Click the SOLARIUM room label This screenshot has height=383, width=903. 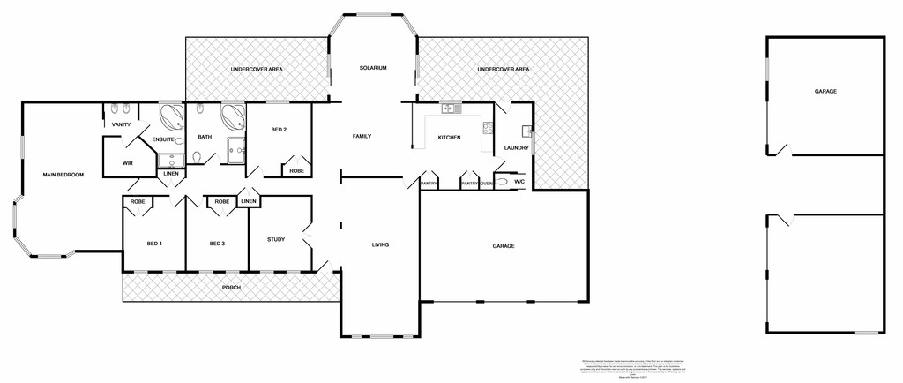(374, 68)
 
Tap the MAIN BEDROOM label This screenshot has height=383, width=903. (63, 175)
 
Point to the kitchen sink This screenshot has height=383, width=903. (451, 109)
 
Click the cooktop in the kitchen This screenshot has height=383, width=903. (486, 131)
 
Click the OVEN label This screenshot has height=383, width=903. (486, 184)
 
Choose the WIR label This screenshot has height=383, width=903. (127, 162)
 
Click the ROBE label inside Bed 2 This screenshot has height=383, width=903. (297, 170)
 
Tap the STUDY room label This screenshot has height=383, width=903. (276, 238)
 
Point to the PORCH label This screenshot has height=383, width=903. (231, 288)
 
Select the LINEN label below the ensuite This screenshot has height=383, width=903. (171, 173)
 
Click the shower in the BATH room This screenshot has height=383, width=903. (237, 151)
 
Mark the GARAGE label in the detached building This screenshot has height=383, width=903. (825, 91)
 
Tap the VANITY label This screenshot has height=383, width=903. (121, 124)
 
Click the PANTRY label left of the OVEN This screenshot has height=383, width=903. (469, 184)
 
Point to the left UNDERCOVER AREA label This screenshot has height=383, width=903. (256, 69)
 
